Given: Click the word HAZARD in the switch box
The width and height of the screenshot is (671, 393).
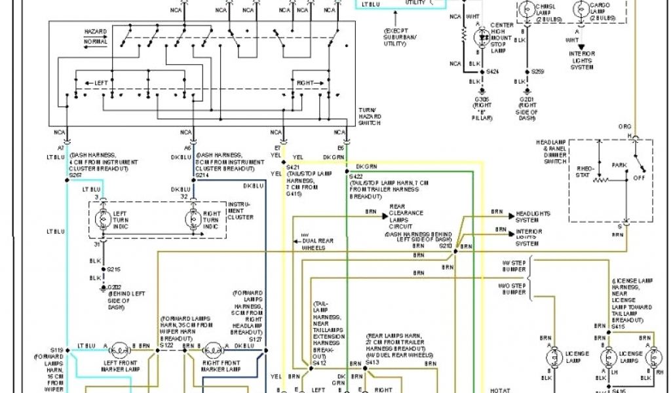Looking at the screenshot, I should [96, 31].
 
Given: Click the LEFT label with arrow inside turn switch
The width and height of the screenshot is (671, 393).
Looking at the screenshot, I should [96, 83].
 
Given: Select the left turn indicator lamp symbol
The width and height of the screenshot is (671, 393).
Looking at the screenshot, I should [103, 217].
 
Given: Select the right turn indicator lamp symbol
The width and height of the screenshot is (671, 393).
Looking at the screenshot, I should [195, 217].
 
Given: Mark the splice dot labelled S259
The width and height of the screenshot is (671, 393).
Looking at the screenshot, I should [526, 71].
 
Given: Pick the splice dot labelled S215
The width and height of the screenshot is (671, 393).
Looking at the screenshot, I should [102, 269].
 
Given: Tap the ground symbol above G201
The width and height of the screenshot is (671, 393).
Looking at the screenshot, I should [526, 92].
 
